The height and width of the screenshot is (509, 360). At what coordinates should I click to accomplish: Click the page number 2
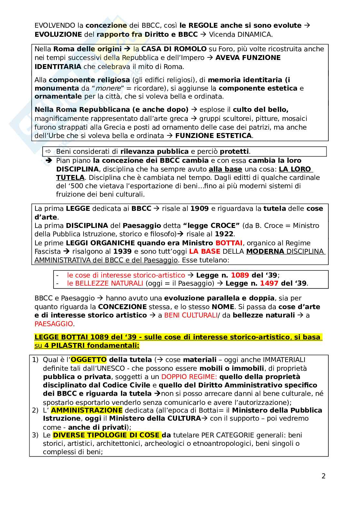(x=323, y=476)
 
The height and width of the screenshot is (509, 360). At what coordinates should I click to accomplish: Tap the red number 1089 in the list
(x=240, y=275)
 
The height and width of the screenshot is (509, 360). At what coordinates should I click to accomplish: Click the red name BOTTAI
(x=229, y=243)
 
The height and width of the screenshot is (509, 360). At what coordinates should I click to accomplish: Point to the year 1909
(x=199, y=209)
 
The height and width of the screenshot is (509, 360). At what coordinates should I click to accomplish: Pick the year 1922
(x=224, y=234)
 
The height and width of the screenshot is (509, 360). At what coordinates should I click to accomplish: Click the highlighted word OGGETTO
(x=89, y=360)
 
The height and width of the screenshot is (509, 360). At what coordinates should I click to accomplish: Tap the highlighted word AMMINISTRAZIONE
(x=86, y=410)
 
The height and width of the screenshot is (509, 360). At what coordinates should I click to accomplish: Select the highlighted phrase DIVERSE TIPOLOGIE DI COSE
(x=106, y=435)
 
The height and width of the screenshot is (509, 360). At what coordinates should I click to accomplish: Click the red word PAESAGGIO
(x=54, y=324)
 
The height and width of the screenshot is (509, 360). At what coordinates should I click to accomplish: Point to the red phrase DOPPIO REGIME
(x=189, y=377)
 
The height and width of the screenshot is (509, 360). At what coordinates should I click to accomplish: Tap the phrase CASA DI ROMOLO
(x=174, y=49)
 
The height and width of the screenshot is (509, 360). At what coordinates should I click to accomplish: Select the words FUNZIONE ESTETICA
(x=213, y=136)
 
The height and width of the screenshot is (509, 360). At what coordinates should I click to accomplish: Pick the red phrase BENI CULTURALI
(x=191, y=315)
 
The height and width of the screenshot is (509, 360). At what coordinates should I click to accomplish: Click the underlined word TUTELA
(x=70, y=178)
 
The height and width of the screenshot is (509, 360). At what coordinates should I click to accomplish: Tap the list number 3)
(x=35, y=435)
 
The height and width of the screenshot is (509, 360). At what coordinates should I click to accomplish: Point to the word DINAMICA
(x=254, y=34)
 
